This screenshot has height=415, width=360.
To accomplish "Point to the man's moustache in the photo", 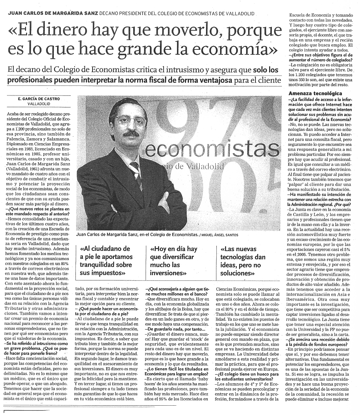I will tap(129, 134).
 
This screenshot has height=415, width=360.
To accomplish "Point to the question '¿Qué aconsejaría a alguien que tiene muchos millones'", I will tap(179, 290).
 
